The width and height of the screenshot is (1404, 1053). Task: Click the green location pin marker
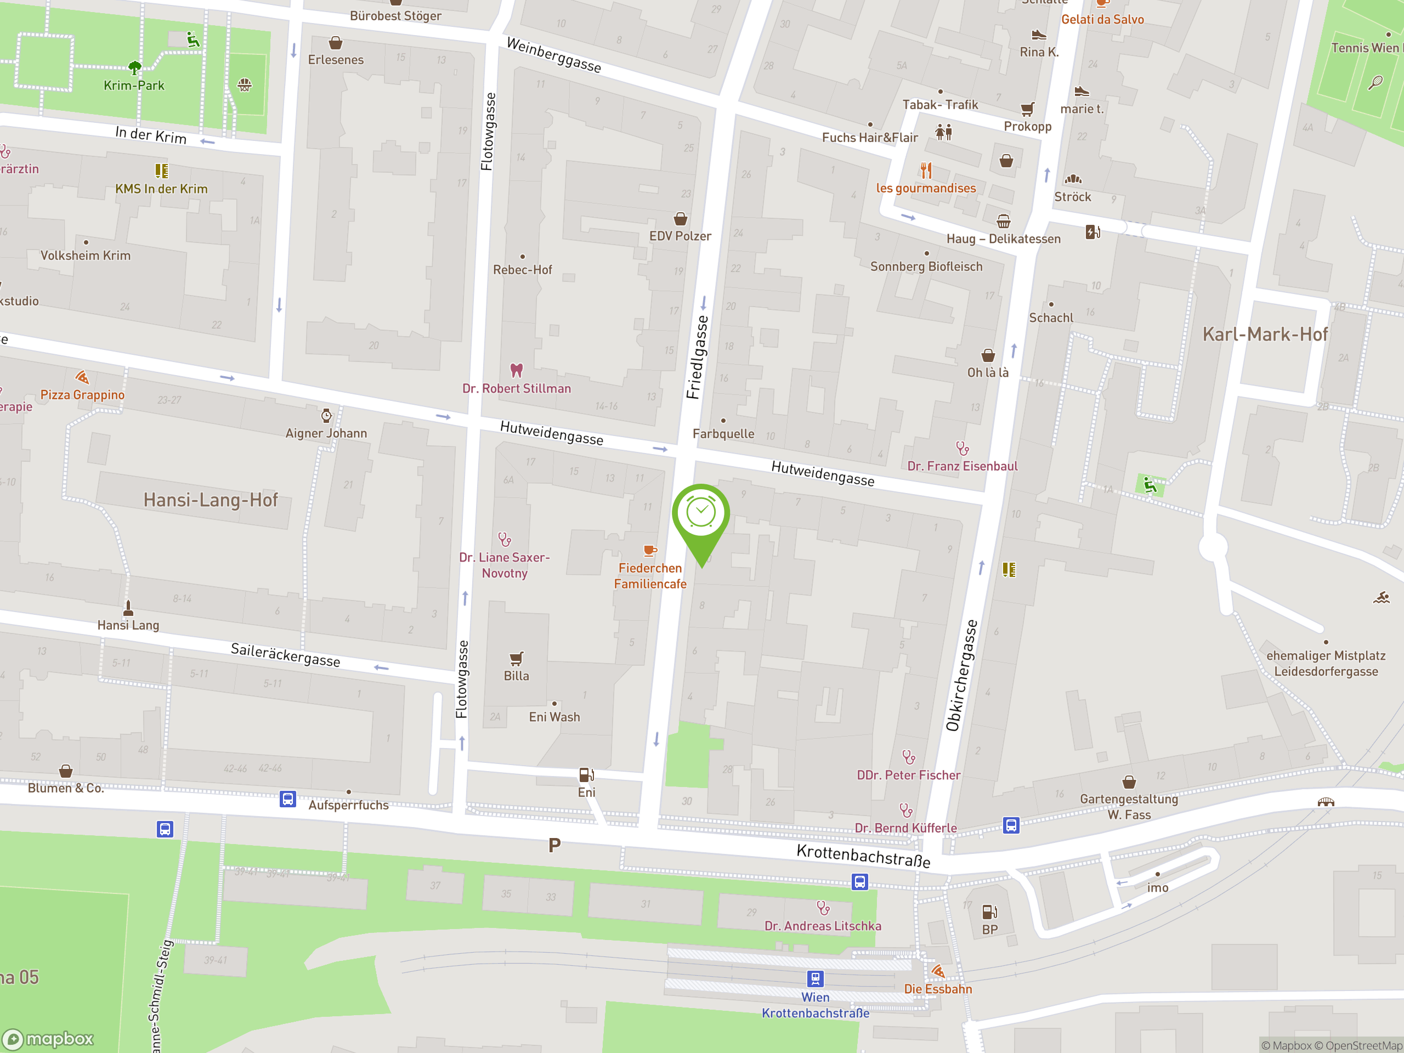coord(701,516)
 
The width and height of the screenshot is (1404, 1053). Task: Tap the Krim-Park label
coord(134,86)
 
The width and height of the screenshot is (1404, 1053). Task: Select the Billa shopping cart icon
coord(517,658)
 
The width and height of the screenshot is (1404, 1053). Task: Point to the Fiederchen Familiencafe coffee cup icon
coord(650,550)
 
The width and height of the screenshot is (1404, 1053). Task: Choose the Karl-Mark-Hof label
coord(1264,335)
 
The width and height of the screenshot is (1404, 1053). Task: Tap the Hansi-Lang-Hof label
coord(211,500)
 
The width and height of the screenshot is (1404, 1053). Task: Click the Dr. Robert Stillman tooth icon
coord(517,370)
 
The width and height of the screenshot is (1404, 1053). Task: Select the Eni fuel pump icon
coord(586,775)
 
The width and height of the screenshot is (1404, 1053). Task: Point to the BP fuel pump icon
coord(989,912)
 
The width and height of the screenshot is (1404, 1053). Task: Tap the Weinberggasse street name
coord(553,55)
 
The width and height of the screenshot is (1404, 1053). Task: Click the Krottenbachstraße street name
coord(863,856)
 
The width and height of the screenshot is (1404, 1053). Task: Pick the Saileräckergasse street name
coord(285,654)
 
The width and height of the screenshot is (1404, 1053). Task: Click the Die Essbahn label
coord(937,989)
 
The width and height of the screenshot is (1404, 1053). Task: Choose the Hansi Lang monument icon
coord(128,608)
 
